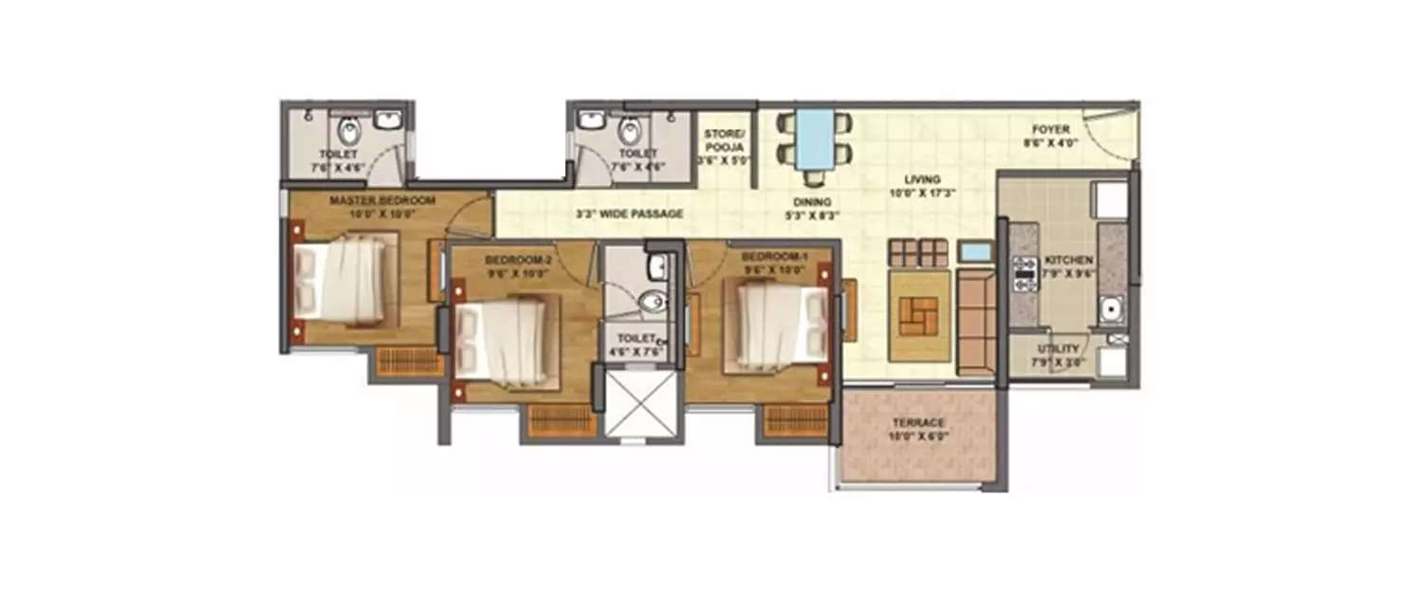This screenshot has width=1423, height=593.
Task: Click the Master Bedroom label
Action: (381, 200)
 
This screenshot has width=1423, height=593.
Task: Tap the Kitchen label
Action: (1069, 259)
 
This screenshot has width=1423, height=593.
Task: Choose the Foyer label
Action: (1046, 130)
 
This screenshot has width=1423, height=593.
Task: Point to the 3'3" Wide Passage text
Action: (629, 214)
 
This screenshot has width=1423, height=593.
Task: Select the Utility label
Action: (1058, 349)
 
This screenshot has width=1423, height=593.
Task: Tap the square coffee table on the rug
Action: (919, 315)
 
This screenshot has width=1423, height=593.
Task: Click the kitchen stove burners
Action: (1023, 271)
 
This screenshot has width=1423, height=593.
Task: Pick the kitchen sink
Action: (1109, 306)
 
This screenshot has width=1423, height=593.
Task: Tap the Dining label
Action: (813, 201)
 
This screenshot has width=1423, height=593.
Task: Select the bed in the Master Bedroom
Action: (341, 279)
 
